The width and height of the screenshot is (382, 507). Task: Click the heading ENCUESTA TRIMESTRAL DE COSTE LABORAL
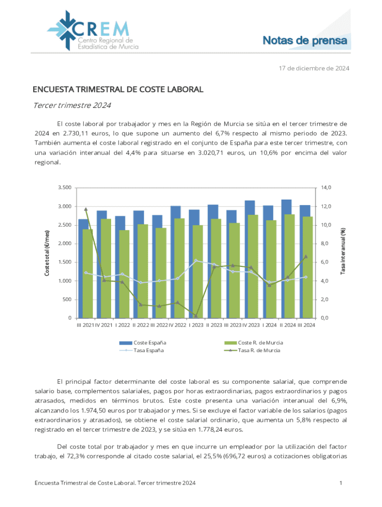[118, 90]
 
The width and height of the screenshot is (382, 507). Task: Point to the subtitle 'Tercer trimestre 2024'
[72, 105]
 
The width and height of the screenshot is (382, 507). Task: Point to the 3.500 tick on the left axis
[64, 188]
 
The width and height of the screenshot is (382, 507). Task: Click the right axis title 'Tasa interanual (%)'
[343, 247]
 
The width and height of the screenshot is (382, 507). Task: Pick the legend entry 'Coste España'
[150, 343]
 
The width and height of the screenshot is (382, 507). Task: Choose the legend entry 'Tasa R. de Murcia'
[259, 351]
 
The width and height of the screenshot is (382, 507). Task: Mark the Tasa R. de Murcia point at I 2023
[195, 316]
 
